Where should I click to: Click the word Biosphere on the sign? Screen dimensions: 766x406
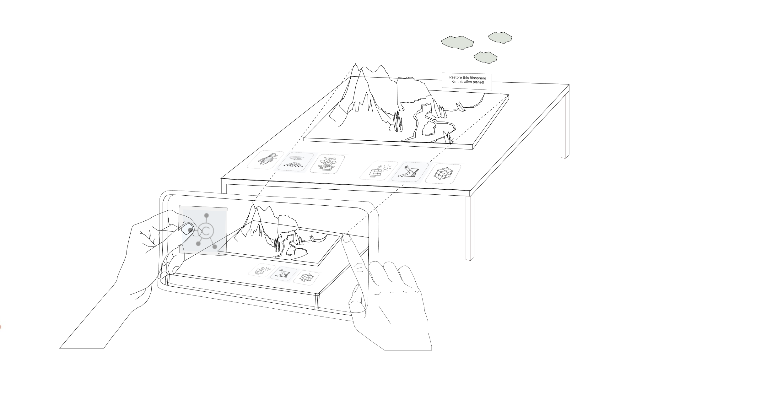coord(477,78)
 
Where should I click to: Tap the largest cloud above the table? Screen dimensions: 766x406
coord(457,42)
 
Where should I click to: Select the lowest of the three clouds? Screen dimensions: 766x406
coord(485,57)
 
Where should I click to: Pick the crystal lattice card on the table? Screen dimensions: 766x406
coord(443,174)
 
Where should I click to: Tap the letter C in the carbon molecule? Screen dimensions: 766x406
coord(206,231)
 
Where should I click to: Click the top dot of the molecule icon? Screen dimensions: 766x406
coord(206,215)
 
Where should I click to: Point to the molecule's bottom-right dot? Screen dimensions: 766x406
coord(215,247)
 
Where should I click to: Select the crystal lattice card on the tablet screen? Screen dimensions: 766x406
coord(306,278)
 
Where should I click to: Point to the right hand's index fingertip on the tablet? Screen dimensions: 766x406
coord(346,238)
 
